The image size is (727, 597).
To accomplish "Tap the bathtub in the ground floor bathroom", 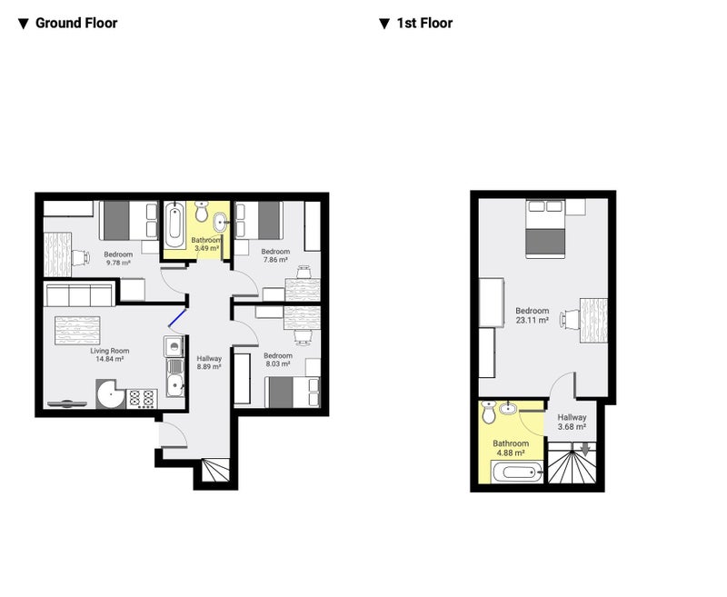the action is [x=174, y=224].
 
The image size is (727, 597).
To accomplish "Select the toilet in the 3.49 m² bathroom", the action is [x=201, y=211].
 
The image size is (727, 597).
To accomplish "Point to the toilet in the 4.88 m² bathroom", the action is [x=488, y=412].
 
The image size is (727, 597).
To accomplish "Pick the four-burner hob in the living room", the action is [x=142, y=399].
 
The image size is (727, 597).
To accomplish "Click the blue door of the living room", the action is [x=177, y=318].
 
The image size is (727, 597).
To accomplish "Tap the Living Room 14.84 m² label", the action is [x=109, y=355].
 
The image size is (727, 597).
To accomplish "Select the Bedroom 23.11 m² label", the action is [x=532, y=315].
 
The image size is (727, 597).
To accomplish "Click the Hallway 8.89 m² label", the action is [x=209, y=363].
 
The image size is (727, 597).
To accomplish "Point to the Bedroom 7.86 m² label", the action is [x=275, y=255].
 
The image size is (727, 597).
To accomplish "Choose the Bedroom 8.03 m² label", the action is [x=278, y=360].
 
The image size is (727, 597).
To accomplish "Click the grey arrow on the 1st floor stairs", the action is [x=585, y=449].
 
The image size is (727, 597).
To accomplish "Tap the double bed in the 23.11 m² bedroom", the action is [x=545, y=228].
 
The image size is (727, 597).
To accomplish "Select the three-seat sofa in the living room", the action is [x=80, y=295].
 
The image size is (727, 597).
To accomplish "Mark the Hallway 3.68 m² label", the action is [x=572, y=422].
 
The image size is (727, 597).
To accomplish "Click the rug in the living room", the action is [x=77, y=331].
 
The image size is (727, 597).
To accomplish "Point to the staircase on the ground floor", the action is [x=215, y=471].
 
